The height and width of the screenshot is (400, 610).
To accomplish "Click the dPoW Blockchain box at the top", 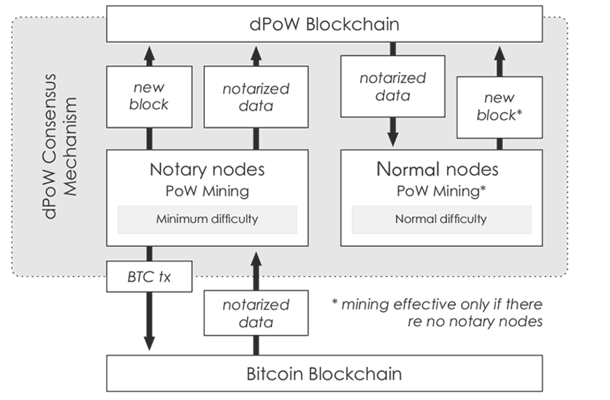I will pyautogui.click(x=324, y=24).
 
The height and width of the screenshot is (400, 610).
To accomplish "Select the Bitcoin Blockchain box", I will pyautogui.click(x=324, y=373).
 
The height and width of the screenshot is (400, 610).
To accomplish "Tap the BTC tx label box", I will pyautogui.click(x=149, y=278).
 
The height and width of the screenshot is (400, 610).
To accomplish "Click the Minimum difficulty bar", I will pyautogui.click(x=206, y=219).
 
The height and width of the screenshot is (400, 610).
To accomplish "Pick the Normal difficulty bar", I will pyautogui.click(x=441, y=219).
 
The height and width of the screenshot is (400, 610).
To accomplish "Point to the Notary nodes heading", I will pyautogui.click(x=207, y=169).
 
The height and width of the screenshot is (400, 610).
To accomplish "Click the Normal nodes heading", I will pyautogui.click(x=437, y=169).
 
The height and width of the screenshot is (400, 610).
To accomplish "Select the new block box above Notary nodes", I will pyautogui.click(x=149, y=97).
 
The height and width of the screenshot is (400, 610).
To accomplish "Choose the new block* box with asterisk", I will pyautogui.click(x=499, y=106).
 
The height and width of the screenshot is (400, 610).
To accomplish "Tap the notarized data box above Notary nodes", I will pyautogui.click(x=256, y=97).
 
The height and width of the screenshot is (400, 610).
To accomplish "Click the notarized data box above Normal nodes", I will pyautogui.click(x=392, y=87).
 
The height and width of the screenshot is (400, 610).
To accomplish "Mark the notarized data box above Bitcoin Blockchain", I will pyautogui.click(x=256, y=313).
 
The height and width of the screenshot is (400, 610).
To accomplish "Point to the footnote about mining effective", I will pyautogui.click(x=437, y=313).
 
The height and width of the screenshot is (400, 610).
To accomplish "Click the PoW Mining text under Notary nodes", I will pyautogui.click(x=207, y=190).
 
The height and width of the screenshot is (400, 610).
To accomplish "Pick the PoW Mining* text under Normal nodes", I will pyautogui.click(x=440, y=190).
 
